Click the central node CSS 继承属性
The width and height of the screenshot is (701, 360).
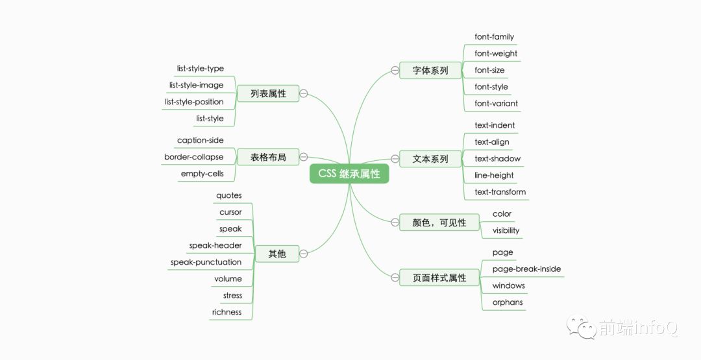349,174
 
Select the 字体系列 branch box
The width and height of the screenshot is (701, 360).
430,70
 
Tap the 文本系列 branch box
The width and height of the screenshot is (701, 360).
430,158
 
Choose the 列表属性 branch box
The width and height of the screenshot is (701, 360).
268,93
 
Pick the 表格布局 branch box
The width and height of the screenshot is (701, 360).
268,156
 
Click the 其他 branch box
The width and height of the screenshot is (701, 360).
277,254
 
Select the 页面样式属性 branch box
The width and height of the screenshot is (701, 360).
439,278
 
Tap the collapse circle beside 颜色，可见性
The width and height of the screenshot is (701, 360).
395,222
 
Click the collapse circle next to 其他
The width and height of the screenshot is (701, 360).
304,254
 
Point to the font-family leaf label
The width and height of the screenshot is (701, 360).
494,37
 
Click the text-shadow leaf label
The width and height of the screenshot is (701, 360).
497,158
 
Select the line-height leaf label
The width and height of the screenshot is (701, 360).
494,175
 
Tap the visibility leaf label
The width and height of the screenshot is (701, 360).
506,230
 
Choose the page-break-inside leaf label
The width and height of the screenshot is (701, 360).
526,269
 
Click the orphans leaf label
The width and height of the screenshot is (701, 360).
507,302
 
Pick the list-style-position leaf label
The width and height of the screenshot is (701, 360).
194,102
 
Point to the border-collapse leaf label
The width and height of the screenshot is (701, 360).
193,157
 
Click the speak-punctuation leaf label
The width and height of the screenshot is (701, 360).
206,262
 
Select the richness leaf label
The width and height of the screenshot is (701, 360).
227,312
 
